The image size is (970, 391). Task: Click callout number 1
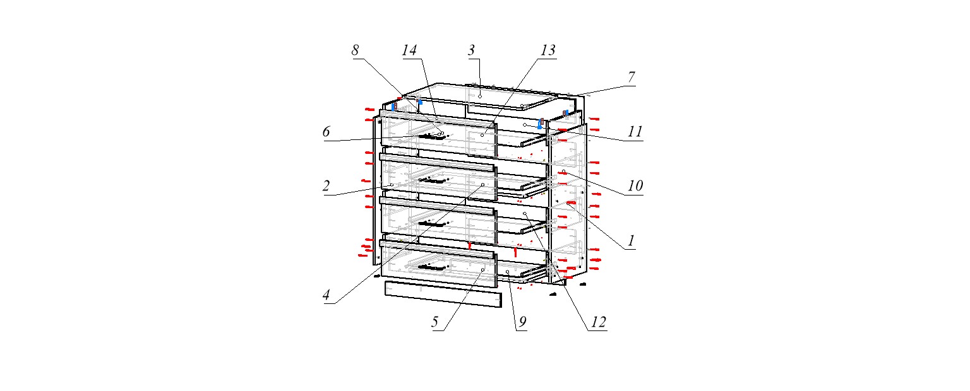point(630,240)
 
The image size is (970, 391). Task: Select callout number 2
point(326,186)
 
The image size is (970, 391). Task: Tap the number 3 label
point(471,51)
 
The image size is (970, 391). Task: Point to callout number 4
point(326,295)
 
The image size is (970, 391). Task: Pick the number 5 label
point(435,322)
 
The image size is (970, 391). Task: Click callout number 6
point(326,132)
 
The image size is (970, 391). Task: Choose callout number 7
point(631,77)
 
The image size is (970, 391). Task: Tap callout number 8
point(356,51)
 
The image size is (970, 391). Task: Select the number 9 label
point(522,322)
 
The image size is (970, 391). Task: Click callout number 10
point(635,186)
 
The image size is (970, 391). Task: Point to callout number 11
point(635,132)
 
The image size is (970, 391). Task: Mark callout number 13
point(548,50)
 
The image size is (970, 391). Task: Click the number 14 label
point(410,51)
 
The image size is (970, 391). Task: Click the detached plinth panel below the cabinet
point(443,295)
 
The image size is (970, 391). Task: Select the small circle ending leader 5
point(482,270)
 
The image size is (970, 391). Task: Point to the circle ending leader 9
point(508,272)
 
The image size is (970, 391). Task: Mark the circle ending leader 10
point(564,172)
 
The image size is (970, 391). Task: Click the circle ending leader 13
point(482,135)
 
